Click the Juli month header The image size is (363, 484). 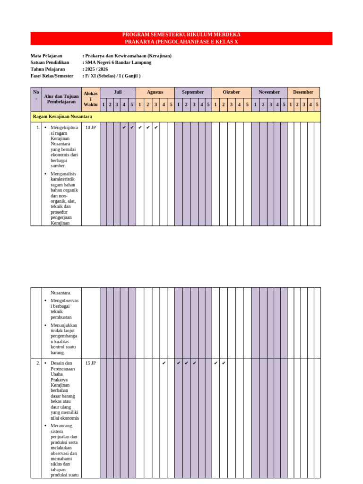coord(118,92)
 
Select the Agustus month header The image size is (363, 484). coord(155,92)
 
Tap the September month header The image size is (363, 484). coord(193,92)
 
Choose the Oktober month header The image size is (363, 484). coord(231,92)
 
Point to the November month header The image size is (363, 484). coord(269,92)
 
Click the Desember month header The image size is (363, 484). coord(303,92)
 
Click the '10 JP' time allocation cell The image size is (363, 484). coord(90,128)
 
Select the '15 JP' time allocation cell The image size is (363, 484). coord(90,363)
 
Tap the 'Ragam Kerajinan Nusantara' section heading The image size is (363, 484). coord(62,116)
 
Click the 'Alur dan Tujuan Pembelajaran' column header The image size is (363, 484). coord(61,99)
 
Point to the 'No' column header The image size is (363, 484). coord(36,95)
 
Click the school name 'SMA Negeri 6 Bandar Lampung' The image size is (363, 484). coord(118,62)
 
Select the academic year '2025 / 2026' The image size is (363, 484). coord(96,69)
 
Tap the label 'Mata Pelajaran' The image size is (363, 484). coord(46,56)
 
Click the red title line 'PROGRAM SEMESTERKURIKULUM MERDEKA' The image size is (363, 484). coord(181,35)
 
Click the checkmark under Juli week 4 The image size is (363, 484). coord(124,127)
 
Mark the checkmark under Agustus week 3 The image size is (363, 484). coord(156,127)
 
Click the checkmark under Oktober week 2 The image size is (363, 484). coord(224,363)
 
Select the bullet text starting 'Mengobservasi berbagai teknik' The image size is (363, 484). coord(64,309)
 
